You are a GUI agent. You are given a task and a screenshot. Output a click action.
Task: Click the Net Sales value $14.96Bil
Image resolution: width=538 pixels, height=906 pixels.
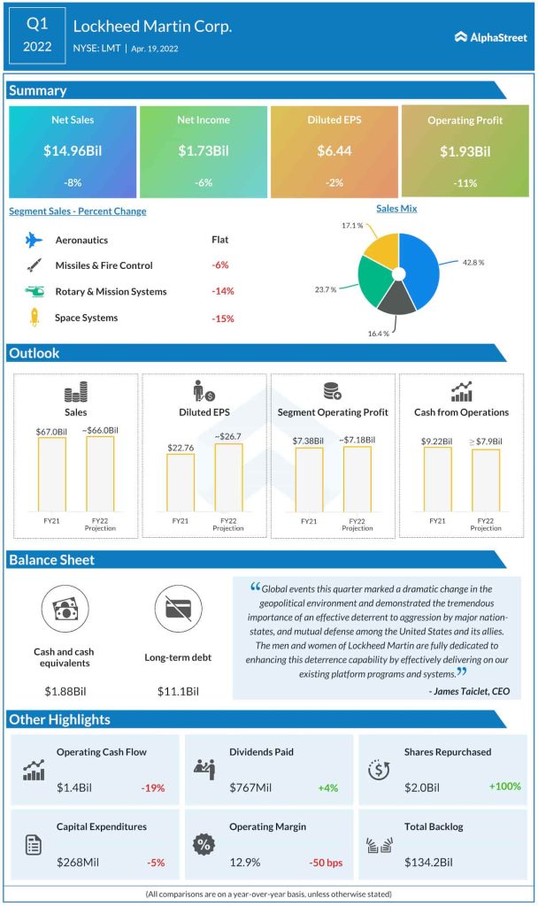(x=72, y=151)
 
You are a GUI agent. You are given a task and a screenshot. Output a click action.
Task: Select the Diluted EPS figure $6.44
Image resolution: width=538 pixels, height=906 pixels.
(x=334, y=151)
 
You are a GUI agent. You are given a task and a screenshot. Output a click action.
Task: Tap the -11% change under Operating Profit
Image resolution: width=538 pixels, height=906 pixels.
(x=465, y=183)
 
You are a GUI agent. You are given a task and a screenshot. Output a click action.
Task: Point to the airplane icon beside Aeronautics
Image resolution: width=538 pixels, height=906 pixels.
(x=35, y=240)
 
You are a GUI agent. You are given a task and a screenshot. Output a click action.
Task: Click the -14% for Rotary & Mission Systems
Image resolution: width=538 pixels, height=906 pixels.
(x=221, y=291)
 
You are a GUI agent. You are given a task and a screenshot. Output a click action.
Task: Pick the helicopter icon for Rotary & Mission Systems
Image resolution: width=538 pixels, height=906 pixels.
(x=35, y=291)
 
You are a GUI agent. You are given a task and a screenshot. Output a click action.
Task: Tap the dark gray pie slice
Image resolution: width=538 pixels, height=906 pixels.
(x=393, y=302)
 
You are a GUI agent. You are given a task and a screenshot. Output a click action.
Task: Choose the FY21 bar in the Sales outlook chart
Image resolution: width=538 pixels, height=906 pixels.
(x=51, y=472)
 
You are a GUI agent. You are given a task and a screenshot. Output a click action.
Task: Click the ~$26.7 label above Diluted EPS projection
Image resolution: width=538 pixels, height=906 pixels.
(x=227, y=435)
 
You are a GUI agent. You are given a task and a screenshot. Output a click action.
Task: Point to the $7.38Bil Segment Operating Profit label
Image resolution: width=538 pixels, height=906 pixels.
(x=309, y=441)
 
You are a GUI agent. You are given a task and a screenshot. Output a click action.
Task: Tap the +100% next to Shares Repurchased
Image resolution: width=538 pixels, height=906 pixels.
(x=504, y=787)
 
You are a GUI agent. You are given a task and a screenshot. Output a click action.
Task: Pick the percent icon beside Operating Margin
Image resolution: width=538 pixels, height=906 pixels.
(x=204, y=844)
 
